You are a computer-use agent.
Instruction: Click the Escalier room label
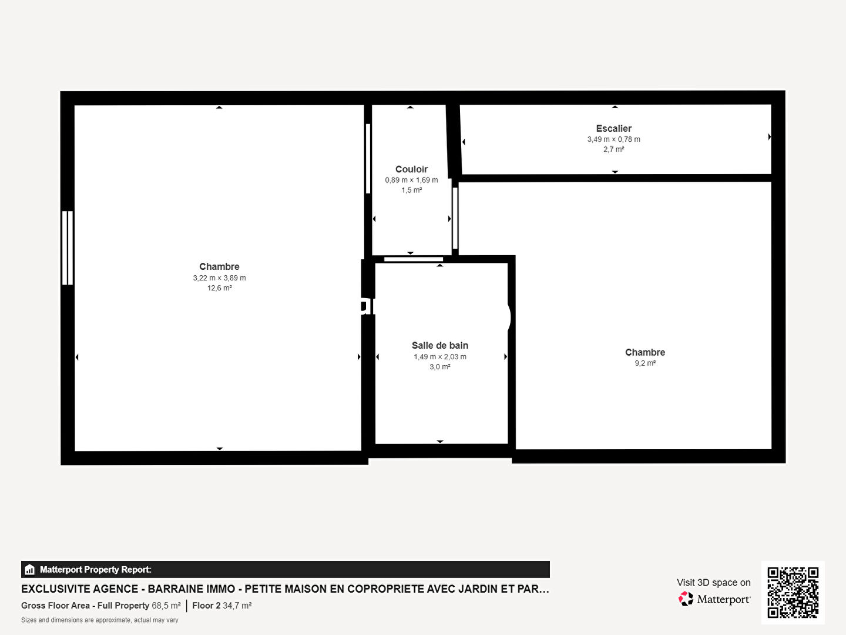point(613,128)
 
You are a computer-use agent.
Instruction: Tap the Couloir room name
point(411,169)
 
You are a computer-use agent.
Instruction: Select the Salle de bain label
point(440,346)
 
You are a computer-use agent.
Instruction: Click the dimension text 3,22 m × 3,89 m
point(219,278)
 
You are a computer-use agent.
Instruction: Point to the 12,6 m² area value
point(219,288)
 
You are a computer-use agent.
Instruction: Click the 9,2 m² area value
point(645,363)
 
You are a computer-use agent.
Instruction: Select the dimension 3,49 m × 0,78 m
point(613,139)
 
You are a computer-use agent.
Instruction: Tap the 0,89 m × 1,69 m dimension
point(411,180)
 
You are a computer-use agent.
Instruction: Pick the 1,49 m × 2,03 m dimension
point(440,357)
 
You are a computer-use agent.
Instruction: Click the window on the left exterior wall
point(68,248)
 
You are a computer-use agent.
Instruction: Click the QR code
point(793,593)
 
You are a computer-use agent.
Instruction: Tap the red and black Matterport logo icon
point(686,599)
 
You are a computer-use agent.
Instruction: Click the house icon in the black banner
point(30,570)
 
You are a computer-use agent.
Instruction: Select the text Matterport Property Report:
point(96,570)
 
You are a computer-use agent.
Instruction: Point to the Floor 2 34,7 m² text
point(222,606)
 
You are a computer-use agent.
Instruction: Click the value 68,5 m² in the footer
point(166,606)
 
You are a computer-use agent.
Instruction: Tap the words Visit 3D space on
point(713,583)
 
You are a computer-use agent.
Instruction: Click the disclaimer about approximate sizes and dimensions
point(100,620)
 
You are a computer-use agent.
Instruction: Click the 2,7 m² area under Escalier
point(613,149)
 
